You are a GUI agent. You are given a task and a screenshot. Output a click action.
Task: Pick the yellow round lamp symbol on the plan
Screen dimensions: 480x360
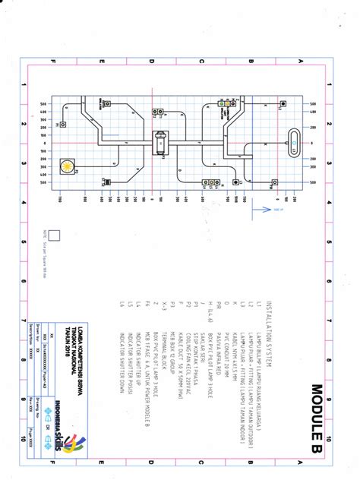tap(69, 166)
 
